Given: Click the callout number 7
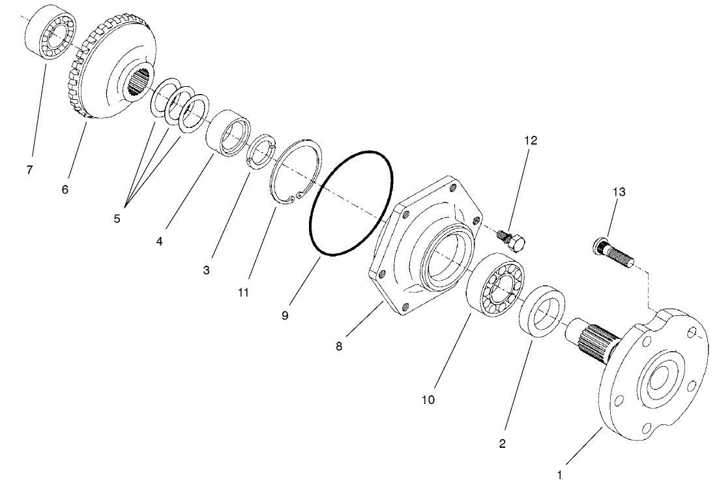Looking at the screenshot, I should [29, 170].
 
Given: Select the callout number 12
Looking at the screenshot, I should [531, 140].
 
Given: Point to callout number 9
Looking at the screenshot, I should [285, 315].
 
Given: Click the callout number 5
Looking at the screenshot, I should [117, 219].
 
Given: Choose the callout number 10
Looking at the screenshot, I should [428, 398].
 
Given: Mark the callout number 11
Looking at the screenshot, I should [243, 293].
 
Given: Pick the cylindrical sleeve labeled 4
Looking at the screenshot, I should [229, 134].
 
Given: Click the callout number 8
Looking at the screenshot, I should [339, 346].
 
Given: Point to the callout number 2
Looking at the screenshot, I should [502, 443].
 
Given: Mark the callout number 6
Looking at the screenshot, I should [65, 189].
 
